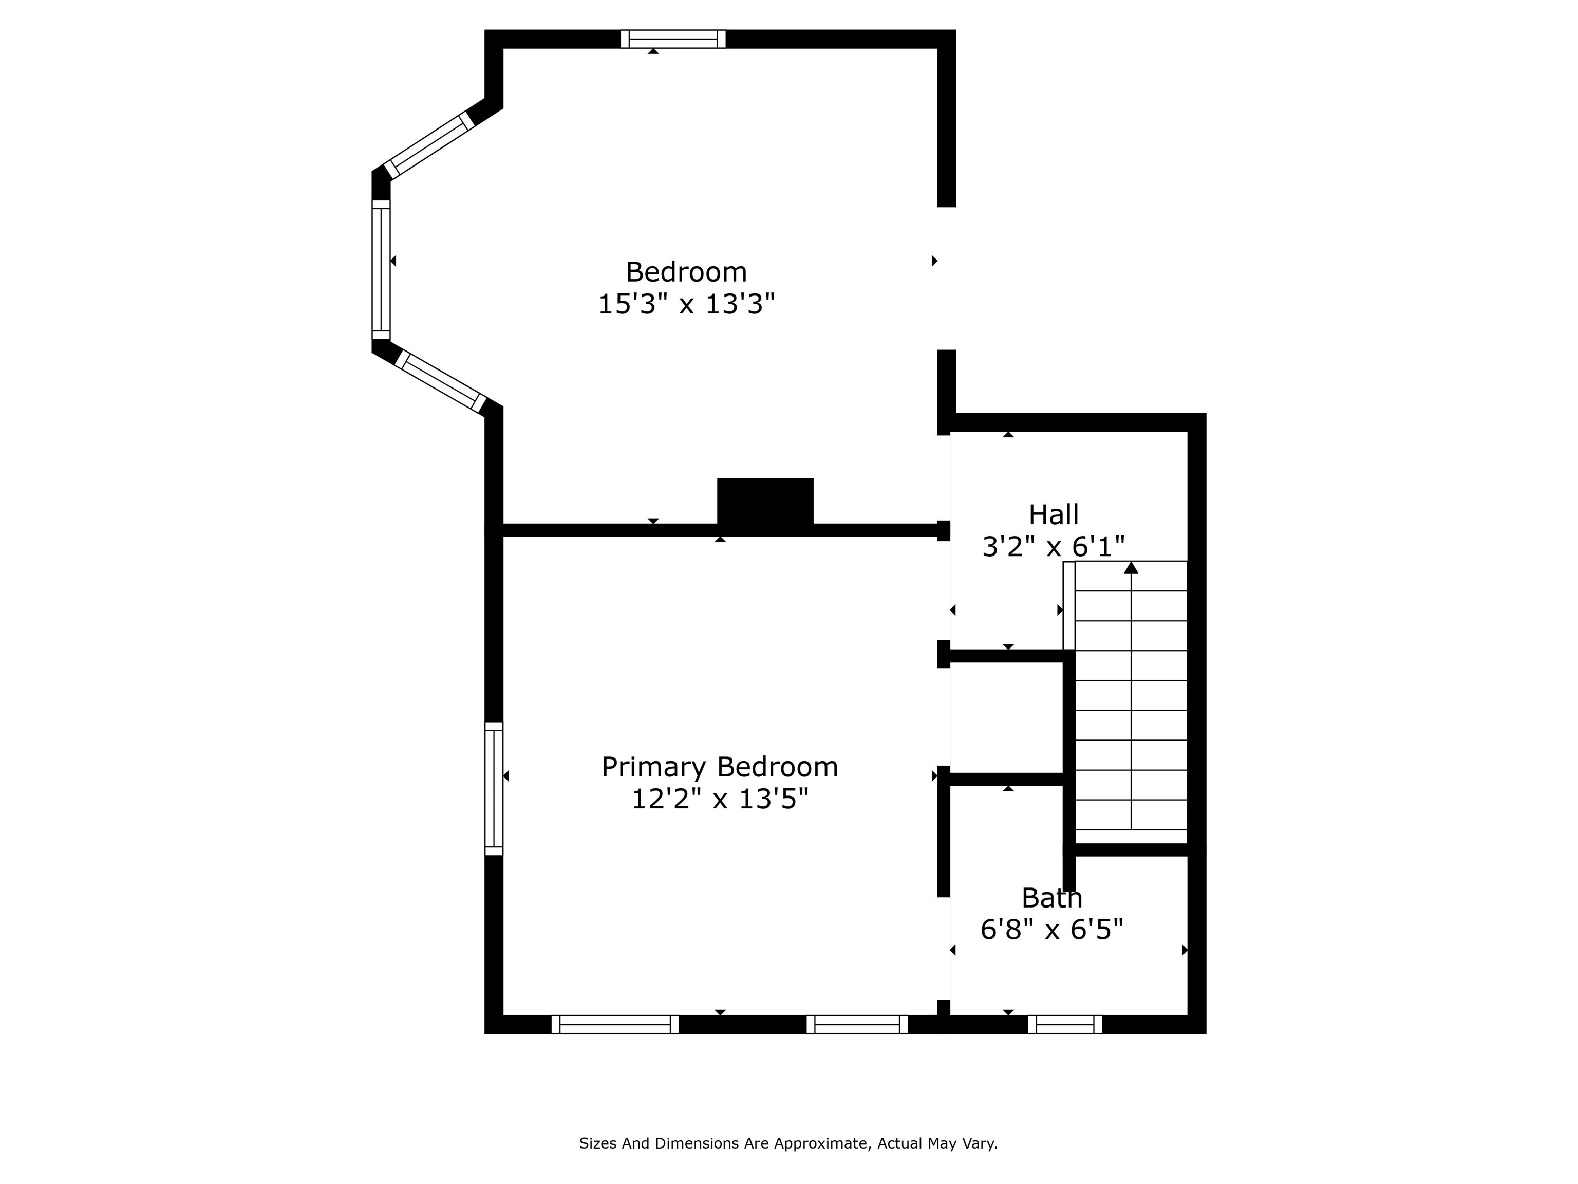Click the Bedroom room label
pyautogui.click(x=686, y=272)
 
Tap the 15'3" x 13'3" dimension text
pyautogui.click(x=686, y=305)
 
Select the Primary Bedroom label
pyautogui.click(x=719, y=767)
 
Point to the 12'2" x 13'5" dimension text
pyautogui.click(x=719, y=799)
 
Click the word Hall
pyautogui.click(x=1053, y=514)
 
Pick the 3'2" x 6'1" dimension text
pyautogui.click(x=1053, y=547)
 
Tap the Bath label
pyautogui.click(x=1051, y=898)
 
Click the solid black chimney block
pyautogui.click(x=765, y=504)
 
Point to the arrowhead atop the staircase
pyautogui.click(x=1131, y=568)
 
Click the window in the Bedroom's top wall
pyautogui.click(x=673, y=39)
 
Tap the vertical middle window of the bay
pyautogui.click(x=381, y=269)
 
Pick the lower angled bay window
pyautogui.click(x=440, y=381)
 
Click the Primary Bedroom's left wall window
pyautogui.click(x=494, y=789)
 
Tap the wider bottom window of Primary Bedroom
pyautogui.click(x=614, y=1025)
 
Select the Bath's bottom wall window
pyautogui.click(x=1064, y=1025)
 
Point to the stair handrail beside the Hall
pyautogui.click(x=1068, y=605)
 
